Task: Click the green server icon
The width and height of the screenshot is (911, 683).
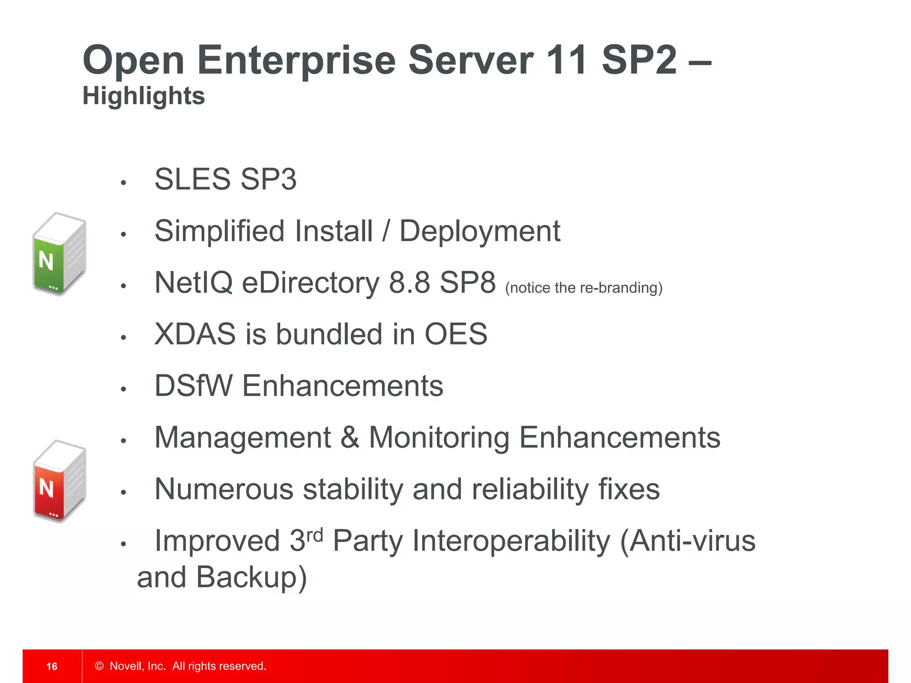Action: click(x=59, y=254)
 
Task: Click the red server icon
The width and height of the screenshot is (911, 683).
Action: click(x=59, y=481)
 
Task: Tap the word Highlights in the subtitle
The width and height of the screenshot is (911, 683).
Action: click(x=144, y=96)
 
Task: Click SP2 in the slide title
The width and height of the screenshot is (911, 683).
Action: click(x=639, y=60)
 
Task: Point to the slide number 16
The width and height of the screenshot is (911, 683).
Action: click(x=52, y=666)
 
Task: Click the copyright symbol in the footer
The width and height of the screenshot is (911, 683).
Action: click(x=99, y=666)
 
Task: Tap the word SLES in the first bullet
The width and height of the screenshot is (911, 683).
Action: click(x=193, y=179)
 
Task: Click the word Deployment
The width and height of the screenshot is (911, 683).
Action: click(x=480, y=232)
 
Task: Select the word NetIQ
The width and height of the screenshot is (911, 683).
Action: click(x=193, y=282)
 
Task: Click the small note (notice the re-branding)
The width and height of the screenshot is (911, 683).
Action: click(x=584, y=288)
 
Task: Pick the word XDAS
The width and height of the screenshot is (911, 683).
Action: click(x=195, y=334)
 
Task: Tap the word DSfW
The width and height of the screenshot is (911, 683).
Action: click(x=193, y=386)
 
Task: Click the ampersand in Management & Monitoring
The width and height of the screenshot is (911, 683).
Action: click(x=350, y=438)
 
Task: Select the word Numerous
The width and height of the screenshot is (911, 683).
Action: click(x=224, y=489)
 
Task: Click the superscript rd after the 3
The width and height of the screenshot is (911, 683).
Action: click(x=315, y=534)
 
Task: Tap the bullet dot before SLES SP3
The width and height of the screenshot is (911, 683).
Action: click(x=124, y=182)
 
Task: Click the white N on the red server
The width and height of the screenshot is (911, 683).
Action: click(x=46, y=488)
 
